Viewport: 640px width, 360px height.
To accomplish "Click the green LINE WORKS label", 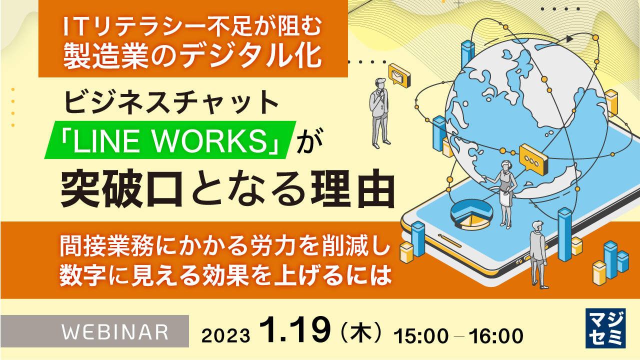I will click(x=170, y=140).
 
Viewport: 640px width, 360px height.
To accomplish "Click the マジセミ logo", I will click(x=605, y=328).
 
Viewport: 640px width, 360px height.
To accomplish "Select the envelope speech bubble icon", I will click(x=399, y=75).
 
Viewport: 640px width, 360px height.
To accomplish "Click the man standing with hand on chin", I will click(x=378, y=113).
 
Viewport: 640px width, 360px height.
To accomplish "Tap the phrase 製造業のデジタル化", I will click(x=192, y=57).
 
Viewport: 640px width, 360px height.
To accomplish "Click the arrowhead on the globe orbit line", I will click(x=569, y=38).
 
